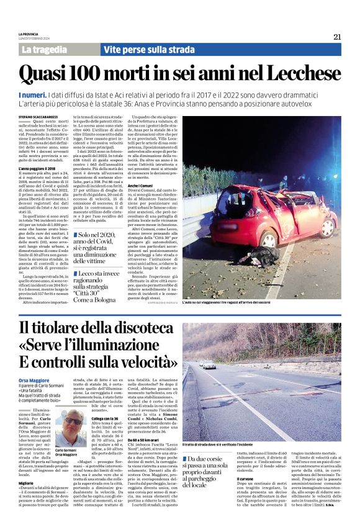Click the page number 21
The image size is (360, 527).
[x=337, y=37]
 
